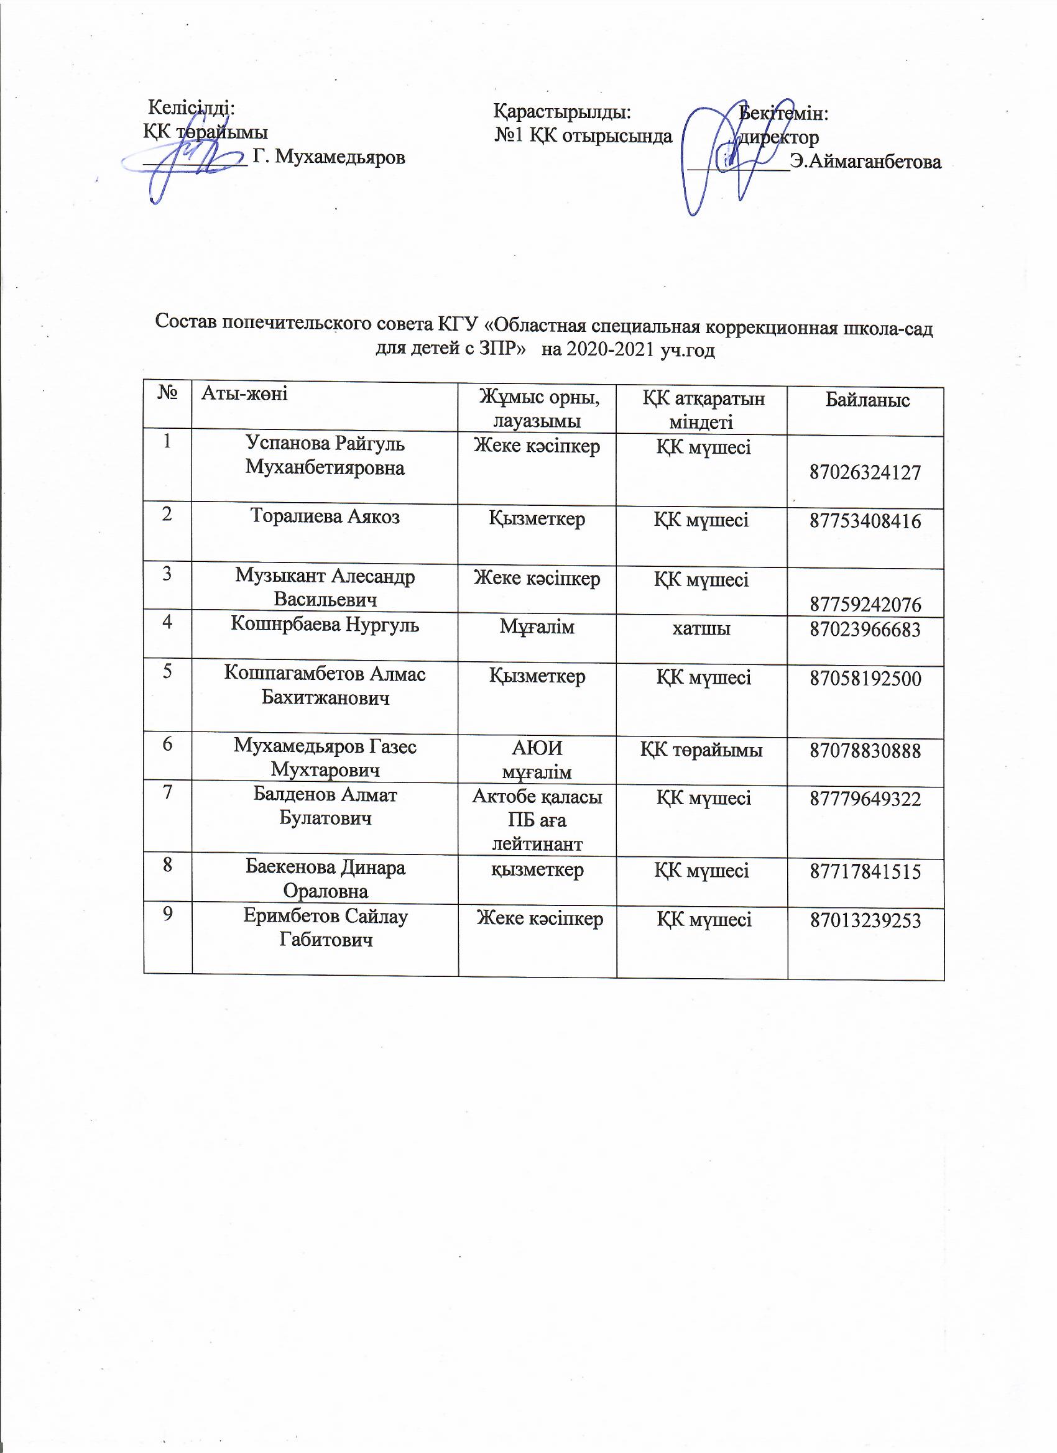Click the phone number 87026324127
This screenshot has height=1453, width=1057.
pos(865,472)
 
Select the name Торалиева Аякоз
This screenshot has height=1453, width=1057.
pos(325,516)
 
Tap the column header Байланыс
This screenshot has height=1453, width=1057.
pos(867,400)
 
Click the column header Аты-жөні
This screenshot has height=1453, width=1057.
pos(244,393)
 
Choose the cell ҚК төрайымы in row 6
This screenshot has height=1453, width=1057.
pos(701,749)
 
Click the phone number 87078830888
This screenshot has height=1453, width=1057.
pos(865,750)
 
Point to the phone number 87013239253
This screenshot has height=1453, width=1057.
pos(865,920)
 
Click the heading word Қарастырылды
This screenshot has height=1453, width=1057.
pos(562,112)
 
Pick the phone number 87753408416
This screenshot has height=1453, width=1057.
pos(865,521)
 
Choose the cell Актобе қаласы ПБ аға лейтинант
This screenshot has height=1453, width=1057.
pos(537,820)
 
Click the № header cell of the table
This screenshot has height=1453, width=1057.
pos(167,392)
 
